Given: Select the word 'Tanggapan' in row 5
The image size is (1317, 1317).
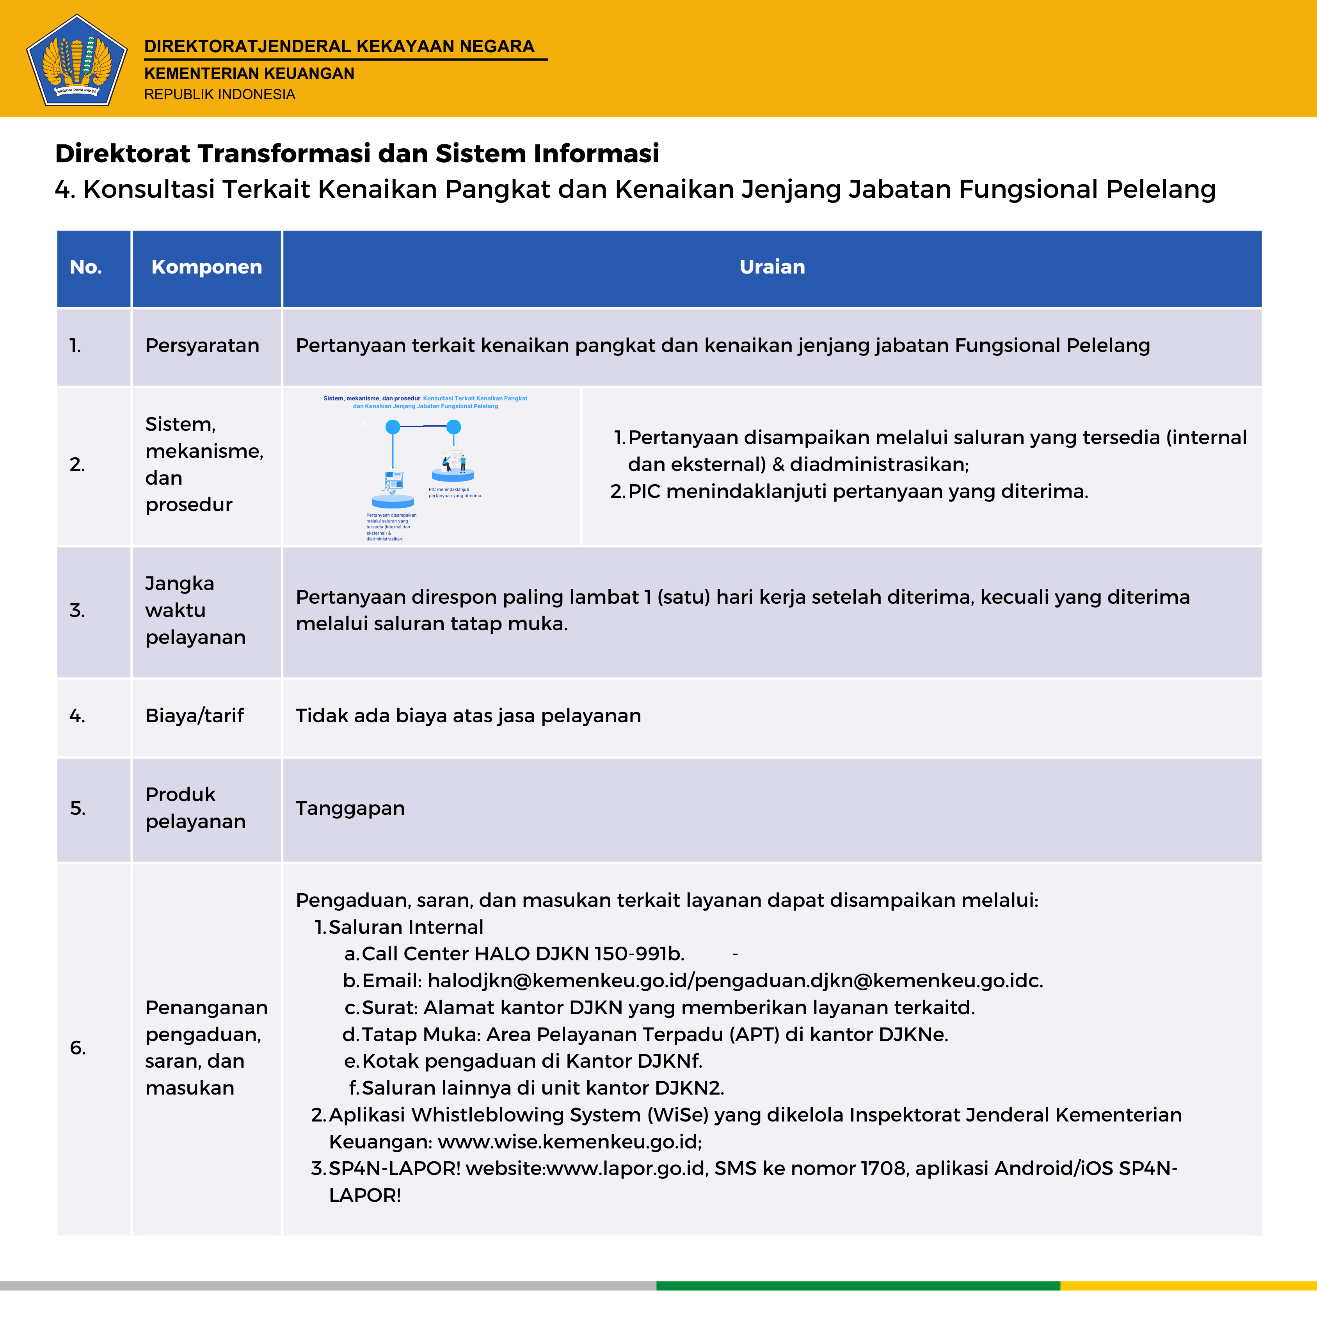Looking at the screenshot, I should [350, 809].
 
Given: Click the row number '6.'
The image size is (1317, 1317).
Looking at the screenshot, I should [78, 1048].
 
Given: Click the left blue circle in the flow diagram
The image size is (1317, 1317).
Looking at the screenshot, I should [393, 427].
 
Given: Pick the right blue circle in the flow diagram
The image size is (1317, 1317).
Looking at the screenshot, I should [453, 427].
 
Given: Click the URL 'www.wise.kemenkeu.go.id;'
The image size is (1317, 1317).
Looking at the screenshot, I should [570, 1142].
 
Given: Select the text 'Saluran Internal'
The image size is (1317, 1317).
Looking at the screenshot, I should [405, 927].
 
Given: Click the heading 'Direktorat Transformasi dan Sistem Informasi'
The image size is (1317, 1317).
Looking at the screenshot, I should [357, 153].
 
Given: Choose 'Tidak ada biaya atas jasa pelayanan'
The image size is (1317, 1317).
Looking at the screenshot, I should [468, 716].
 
